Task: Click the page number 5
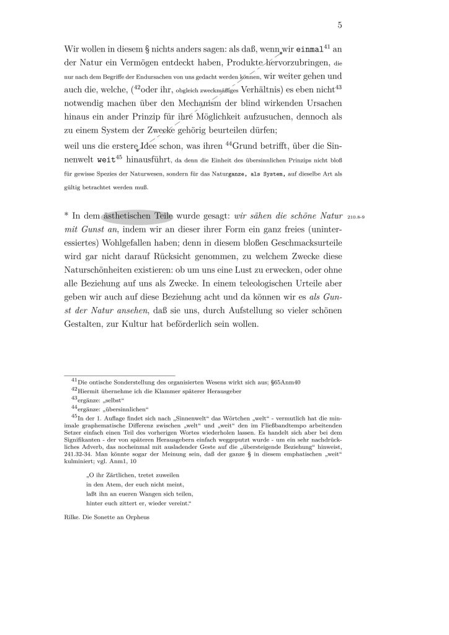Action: tap(340, 25)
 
